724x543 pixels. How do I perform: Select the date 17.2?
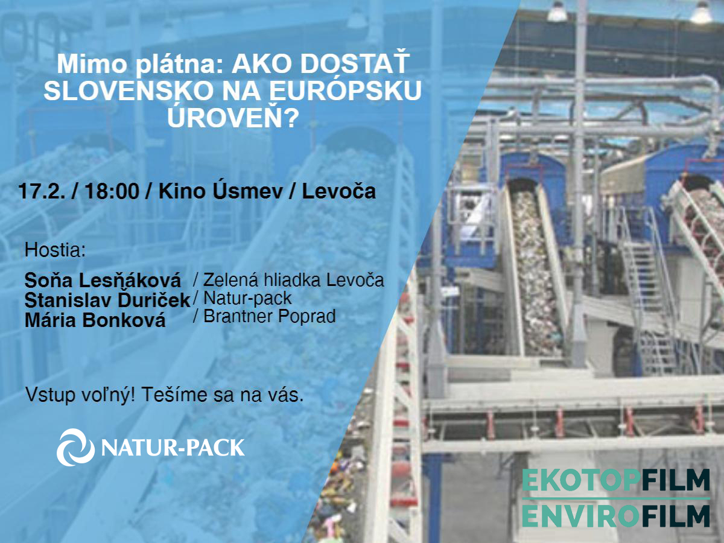click(x=42, y=191)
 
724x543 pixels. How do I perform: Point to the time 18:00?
click(x=112, y=191)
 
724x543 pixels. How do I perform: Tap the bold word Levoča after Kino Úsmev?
click(x=338, y=191)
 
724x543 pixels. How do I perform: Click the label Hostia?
click(x=55, y=250)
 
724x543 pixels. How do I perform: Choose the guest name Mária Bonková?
click(x=95, y=320)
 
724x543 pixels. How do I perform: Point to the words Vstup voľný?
click(x=80, y=395)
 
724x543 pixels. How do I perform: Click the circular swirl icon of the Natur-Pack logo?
click(x=75, y=448)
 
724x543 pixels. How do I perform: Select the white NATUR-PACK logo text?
click(x=173, y=448)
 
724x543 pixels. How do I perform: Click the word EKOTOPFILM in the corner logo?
click(x=616, y=480)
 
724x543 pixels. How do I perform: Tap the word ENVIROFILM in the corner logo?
click(x=616, y=516)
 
